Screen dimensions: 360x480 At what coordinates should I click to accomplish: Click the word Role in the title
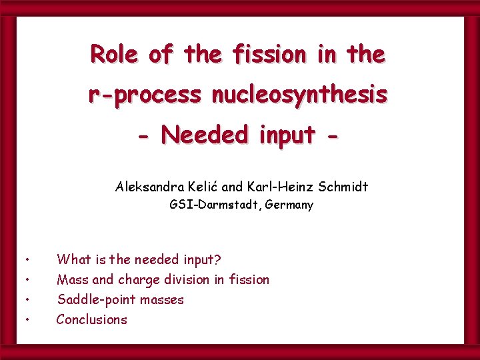coord(115,54)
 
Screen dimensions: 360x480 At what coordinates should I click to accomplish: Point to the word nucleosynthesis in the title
coord(299,95)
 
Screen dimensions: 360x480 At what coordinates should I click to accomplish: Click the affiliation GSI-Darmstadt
coord(215,205)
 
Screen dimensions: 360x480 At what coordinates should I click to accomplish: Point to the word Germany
coord(289,205)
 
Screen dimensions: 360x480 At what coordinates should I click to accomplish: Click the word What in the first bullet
coord(74,259)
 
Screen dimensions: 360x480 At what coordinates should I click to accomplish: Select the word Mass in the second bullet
coord(71,279)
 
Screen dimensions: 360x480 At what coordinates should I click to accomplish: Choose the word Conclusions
coord(91,319)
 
